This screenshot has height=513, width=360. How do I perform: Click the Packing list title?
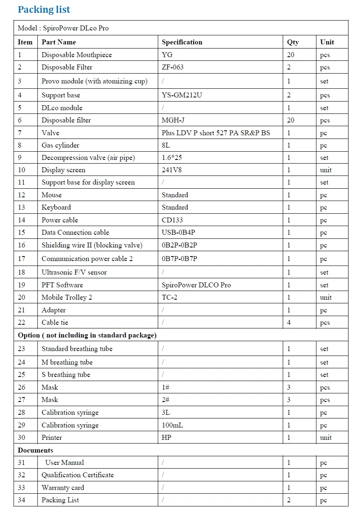point(44,9)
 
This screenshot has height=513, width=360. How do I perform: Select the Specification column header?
point(182,42)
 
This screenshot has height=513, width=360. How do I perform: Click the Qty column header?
point(293,42)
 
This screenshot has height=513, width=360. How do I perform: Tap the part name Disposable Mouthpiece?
point(76,55)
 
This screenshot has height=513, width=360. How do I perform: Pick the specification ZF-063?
point(173,67)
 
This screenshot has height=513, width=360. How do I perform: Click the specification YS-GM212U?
point(182,95)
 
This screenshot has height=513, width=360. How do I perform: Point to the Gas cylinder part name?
point(60,145)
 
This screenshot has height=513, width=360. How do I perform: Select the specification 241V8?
point(172,170)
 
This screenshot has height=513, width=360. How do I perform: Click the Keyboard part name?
point(56,207)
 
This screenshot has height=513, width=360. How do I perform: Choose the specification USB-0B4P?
point(178,232)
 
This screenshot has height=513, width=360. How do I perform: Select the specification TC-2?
point(169,297)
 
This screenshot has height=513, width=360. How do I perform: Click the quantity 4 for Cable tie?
point(289,322)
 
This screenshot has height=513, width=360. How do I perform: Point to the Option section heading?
point(87,335)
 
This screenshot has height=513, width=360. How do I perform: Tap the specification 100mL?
point(173,425)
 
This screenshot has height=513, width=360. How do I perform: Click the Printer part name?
point(52,437)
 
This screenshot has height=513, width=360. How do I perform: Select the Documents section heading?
point(35,450)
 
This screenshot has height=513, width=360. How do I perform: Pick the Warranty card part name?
point(63,488)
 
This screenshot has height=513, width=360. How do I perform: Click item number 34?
point(21,500)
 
